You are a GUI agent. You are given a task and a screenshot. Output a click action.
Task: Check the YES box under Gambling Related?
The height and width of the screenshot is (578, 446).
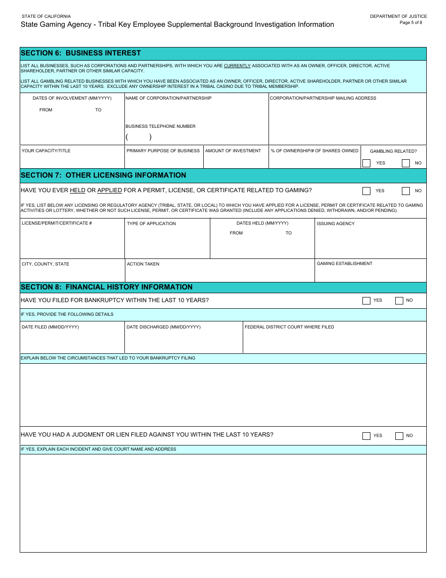point(367,163)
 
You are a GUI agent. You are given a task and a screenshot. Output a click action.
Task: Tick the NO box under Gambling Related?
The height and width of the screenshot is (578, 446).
point(406,163)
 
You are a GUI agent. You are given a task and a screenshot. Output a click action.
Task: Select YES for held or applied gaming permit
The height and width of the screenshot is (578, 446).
point(367,191)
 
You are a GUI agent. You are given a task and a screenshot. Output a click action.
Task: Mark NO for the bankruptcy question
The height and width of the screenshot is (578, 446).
point(399,301)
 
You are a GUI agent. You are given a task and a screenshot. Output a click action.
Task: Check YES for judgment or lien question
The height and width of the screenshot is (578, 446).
point(367,436)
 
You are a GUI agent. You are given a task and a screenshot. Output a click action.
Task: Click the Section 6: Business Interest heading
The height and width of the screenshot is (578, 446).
point(81,53)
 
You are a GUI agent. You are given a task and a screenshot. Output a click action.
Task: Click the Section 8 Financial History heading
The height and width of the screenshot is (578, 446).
point(107,287)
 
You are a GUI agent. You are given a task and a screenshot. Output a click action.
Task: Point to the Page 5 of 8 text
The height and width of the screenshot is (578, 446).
point(411,23)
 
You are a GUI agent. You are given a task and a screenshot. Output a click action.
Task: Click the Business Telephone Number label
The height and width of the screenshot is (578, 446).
point(160,126)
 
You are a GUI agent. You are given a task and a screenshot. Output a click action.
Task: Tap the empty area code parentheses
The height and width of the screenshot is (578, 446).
point(138,137)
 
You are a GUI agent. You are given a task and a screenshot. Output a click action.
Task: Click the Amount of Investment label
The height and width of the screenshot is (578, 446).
point(233,151)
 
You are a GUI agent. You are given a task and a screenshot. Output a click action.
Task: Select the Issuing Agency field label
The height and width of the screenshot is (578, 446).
point(336,224)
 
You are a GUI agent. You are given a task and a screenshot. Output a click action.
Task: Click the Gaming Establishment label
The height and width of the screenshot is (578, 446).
point(345,264)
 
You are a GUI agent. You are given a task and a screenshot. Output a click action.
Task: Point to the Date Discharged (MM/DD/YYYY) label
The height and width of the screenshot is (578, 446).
point(163,327)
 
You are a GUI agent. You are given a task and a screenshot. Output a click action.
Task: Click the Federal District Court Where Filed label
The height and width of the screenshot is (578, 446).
point(289,327)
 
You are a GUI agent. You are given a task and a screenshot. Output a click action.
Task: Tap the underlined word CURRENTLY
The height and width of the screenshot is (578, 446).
point(237,66)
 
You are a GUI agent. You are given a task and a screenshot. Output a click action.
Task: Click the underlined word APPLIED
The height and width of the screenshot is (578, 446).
point(109,190)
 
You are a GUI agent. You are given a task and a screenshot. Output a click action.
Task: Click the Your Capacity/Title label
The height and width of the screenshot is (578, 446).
point(46,151)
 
